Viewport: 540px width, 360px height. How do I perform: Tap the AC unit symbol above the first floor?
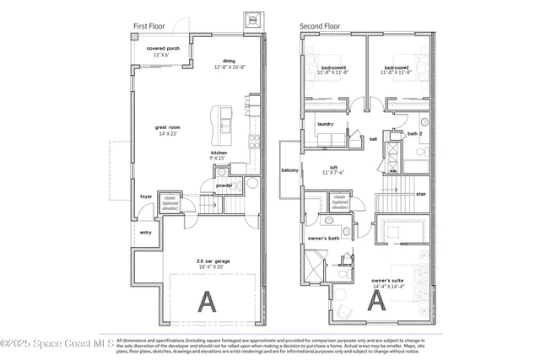coord(252,19)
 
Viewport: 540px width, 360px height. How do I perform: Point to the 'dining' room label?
coord(229,61)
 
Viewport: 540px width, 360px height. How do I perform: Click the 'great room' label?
coord(168,127)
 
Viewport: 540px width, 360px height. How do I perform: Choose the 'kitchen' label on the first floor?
coord(219,153)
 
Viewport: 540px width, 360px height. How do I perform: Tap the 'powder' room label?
coord(224,185)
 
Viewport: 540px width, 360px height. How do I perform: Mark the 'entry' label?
coord(146,233)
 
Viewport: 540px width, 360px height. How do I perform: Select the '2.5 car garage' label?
coord(212,261)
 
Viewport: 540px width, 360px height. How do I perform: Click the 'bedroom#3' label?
coord(332,67)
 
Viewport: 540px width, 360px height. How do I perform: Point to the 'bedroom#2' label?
coord(396,67)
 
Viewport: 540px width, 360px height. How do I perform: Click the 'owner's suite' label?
coord(388,281)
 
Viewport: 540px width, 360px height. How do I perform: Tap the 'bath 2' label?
coord(414,133)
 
